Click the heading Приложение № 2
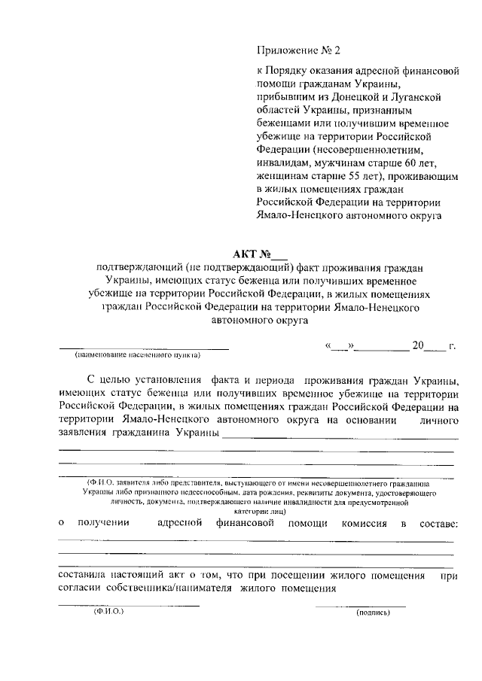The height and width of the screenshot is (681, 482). coord(299,51)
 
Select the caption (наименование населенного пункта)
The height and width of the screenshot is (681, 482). coord(136,354)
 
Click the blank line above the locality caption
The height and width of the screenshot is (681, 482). coord(143,347)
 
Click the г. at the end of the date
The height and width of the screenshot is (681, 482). coord(452,346)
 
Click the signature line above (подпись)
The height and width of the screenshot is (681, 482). coord(360,606)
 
